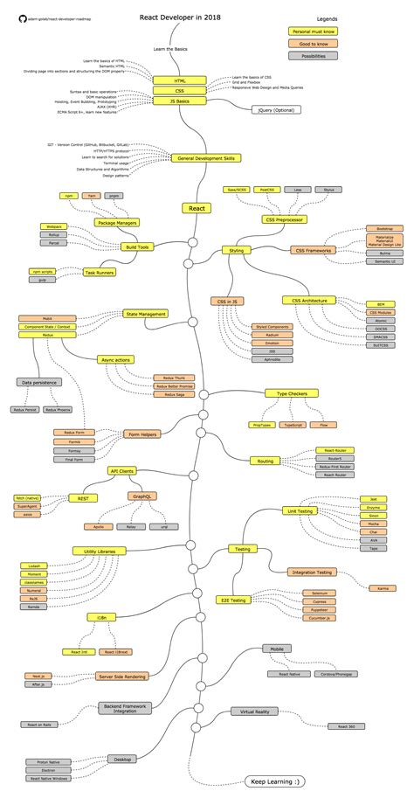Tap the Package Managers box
(x=117, y=223)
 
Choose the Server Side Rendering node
(x=121, y=676)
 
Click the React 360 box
(x=340, y=726)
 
